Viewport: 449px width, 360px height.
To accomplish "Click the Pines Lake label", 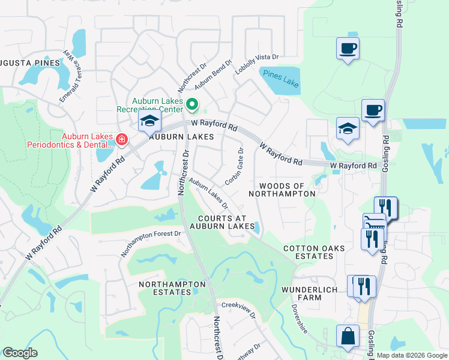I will click(281, 79).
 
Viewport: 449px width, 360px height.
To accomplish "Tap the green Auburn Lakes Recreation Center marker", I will click(192, 106).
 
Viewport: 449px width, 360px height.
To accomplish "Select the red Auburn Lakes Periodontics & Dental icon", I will click(121, 140).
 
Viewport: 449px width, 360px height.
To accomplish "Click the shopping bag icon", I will click(348, 337).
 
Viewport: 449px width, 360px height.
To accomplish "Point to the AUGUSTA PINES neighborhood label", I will click(30, 62).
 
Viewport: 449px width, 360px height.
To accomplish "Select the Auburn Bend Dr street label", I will click(213, 74).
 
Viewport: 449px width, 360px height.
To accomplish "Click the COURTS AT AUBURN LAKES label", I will click(223, 221).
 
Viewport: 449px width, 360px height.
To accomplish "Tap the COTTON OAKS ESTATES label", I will click(309, 252).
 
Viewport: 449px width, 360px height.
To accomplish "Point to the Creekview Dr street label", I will click(238, 310).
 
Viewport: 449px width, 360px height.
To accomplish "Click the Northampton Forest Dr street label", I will click(151, 244).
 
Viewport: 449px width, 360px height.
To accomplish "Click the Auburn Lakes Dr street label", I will click(208, 194).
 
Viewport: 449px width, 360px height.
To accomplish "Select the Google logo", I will click(20, 353).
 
